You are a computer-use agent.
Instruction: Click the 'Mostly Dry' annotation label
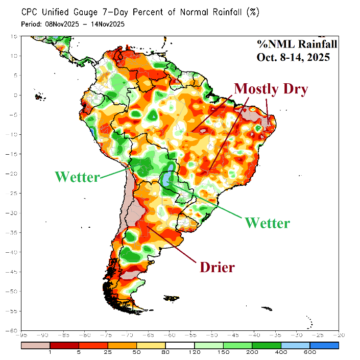tap(271, 89)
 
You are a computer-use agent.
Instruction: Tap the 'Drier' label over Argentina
tap(217, 267)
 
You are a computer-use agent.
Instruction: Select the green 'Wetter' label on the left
tap(77, 177)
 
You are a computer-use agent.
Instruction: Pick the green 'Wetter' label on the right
tap(267, 223)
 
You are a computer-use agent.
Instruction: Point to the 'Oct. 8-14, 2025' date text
tap(293, 57)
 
